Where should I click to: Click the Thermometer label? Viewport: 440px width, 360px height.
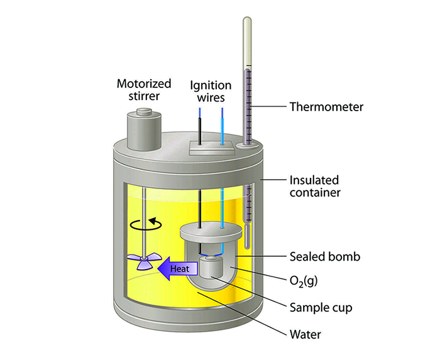click(326, 107)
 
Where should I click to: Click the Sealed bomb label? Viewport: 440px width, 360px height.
click(325, 256)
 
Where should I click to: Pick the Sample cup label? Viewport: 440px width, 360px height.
click(320, 308)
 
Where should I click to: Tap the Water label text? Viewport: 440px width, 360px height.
click(305, 334)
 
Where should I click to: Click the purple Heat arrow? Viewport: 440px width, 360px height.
click(176, 269)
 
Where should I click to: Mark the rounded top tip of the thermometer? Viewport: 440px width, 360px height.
click(247, 21)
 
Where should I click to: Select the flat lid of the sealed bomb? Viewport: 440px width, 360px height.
click(212, 232)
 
